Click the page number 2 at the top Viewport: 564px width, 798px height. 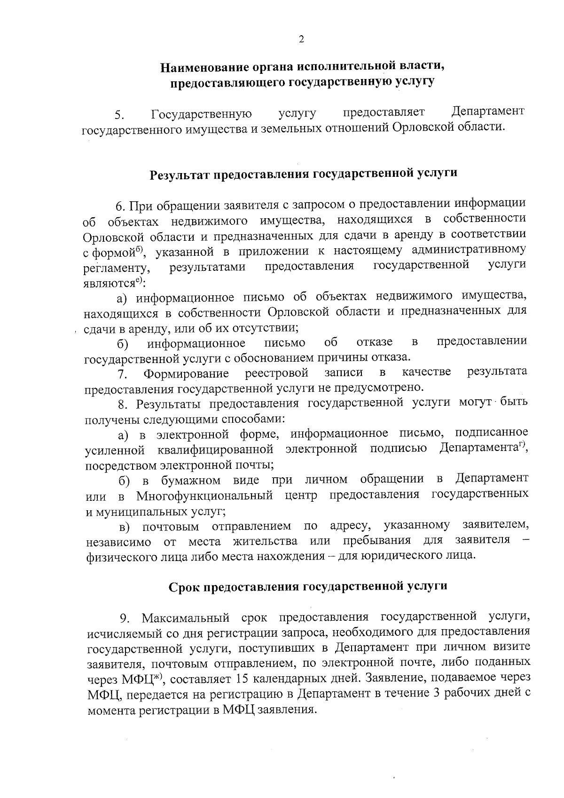click(301, 40)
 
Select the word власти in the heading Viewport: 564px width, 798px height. click(422, 66)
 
